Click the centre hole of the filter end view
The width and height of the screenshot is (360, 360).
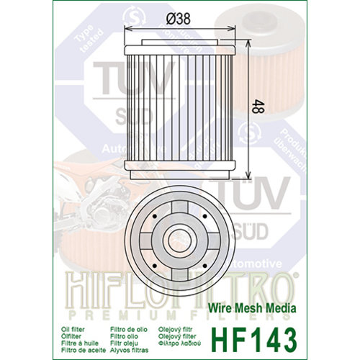pyautogui.click(x=179, y=239)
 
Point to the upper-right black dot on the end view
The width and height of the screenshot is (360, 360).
pyautogui.click(x=205, y=215)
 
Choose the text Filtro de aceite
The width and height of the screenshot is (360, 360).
pyautogui.click(x=81, y=335)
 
